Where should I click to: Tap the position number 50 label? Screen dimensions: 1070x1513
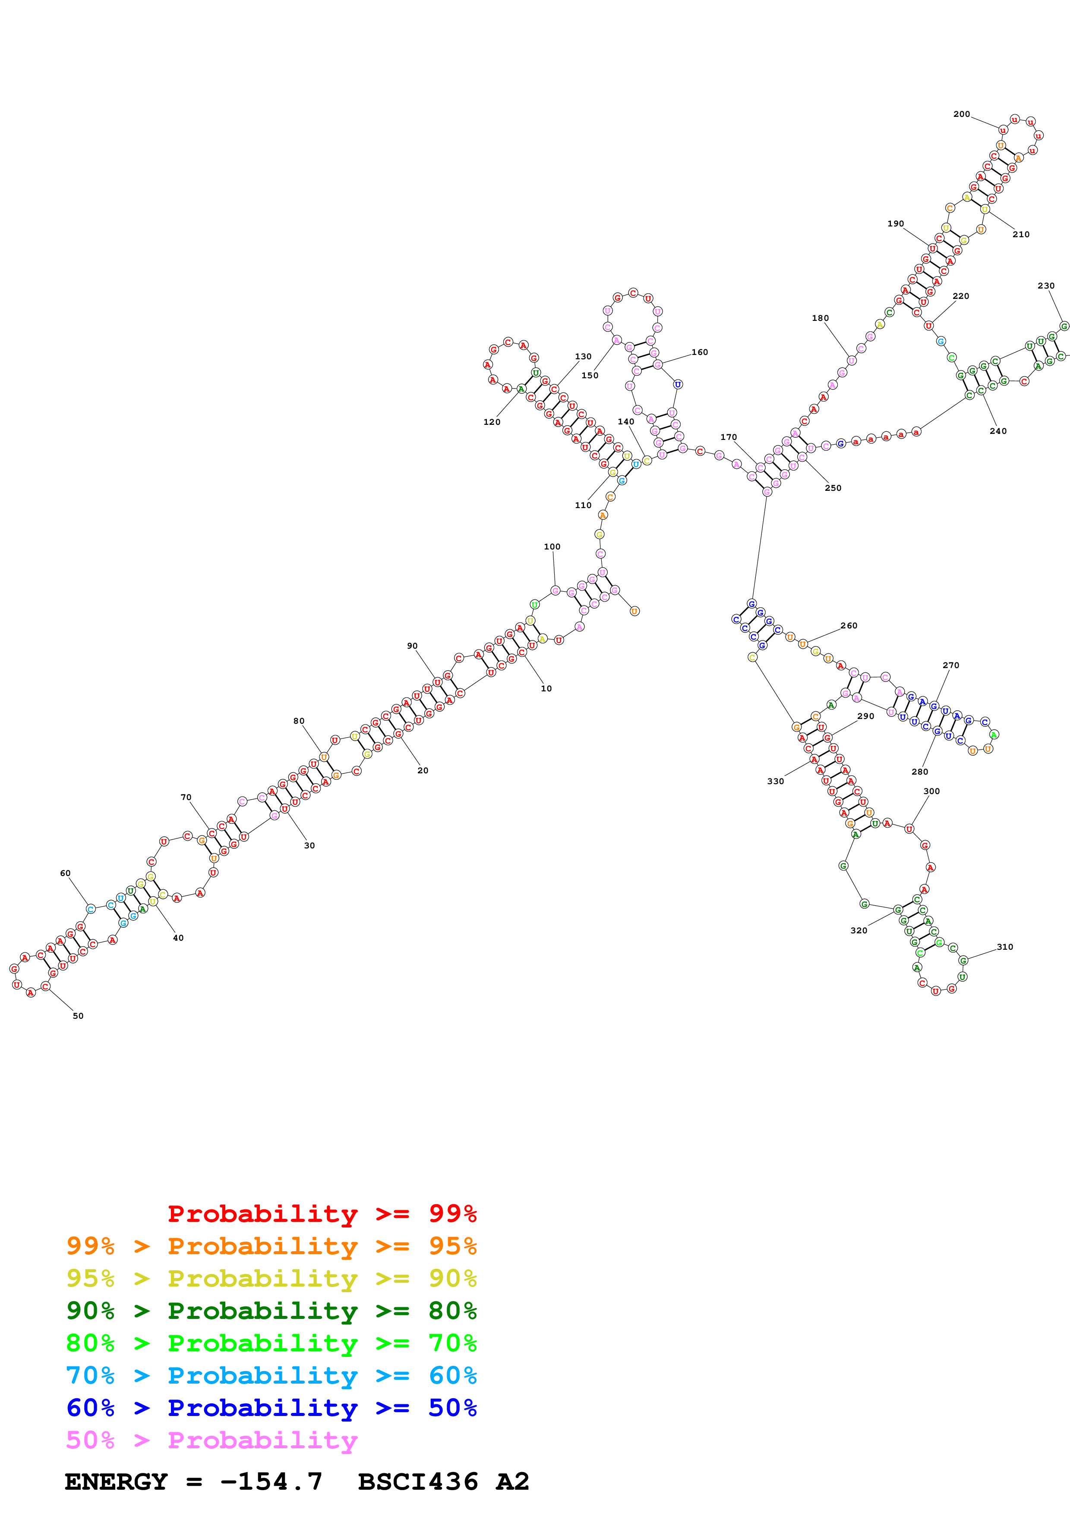tap(78, 1015)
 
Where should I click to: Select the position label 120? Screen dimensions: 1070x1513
tap(492, 422)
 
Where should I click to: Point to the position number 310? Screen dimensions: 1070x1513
tap(1005, 947)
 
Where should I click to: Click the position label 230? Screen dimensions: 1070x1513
tap(1045, 286)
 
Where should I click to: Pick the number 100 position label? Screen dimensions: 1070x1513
tap(552, 546)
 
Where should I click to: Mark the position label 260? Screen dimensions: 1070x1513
tap(849, 625)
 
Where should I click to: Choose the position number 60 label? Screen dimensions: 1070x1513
tap(65, 873)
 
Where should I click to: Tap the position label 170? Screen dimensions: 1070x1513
tap(729, 437)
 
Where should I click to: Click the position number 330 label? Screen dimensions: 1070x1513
tap(775, 782)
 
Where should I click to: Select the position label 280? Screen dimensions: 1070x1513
tap(920, 772)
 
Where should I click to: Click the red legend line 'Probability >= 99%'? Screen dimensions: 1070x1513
tap(322, 1213)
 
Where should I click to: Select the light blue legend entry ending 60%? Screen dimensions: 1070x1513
tap(271, 1375)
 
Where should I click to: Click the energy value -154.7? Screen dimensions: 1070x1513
tap(271, 1482)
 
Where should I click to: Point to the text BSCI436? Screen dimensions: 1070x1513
tap(417, 1482)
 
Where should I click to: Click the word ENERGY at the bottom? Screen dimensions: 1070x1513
tap(116, 1482)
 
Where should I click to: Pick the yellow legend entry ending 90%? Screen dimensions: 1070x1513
tap(271, 1278)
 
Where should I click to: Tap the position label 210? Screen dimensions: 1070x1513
tap(1020, 234)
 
